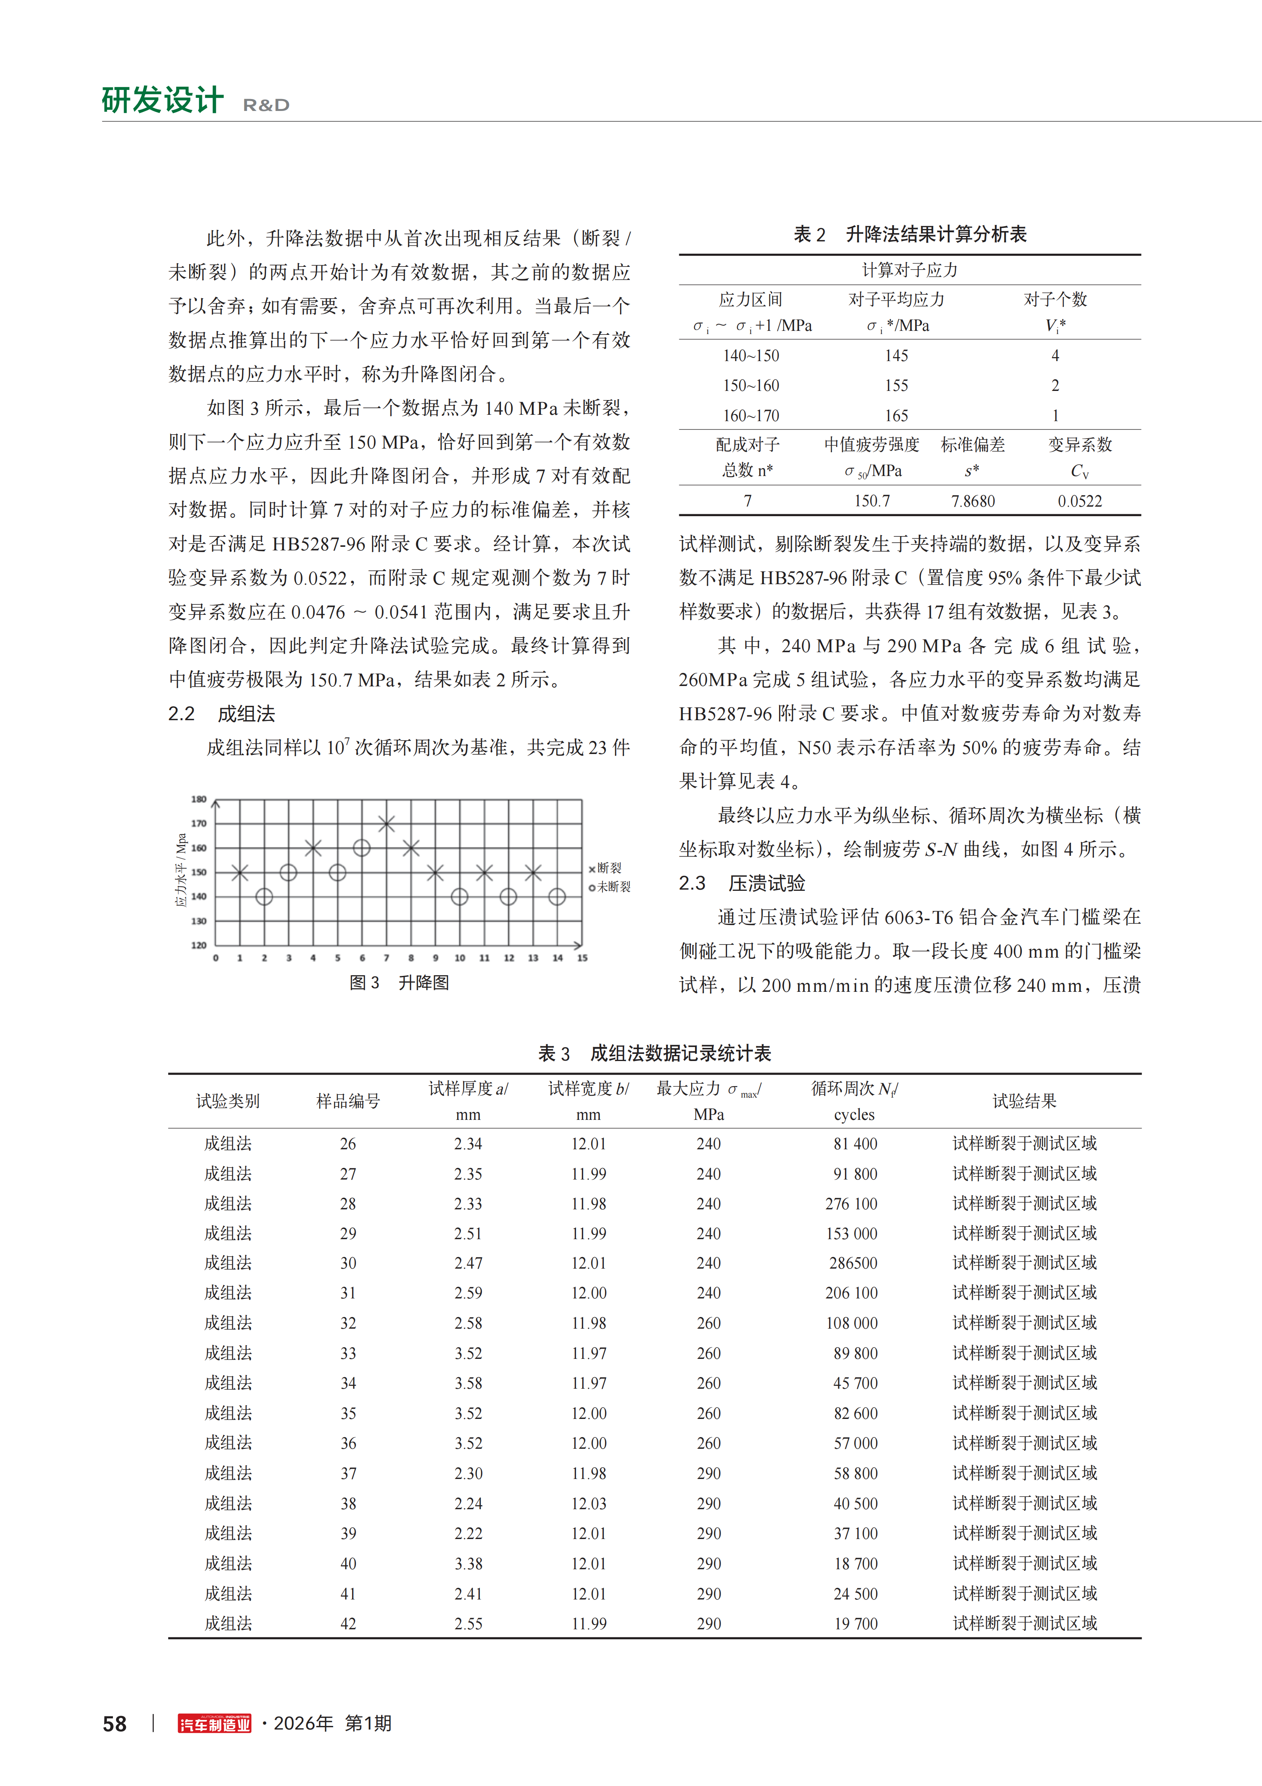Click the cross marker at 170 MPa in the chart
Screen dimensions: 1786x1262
coord(386,823)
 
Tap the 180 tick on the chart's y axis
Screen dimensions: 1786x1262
coord(199,799)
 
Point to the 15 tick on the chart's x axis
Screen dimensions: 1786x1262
coord(582,958)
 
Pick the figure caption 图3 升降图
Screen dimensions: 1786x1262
coord(399,982)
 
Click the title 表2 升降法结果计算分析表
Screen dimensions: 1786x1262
coord(910,234)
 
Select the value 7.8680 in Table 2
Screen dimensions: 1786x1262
coord(973,501)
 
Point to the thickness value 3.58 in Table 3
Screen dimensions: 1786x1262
coord(468,1383)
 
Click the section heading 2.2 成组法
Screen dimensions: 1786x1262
coord(222,713)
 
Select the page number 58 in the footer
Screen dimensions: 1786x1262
coord(115,1724)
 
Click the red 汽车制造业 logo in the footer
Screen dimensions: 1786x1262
coord(215,1724)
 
